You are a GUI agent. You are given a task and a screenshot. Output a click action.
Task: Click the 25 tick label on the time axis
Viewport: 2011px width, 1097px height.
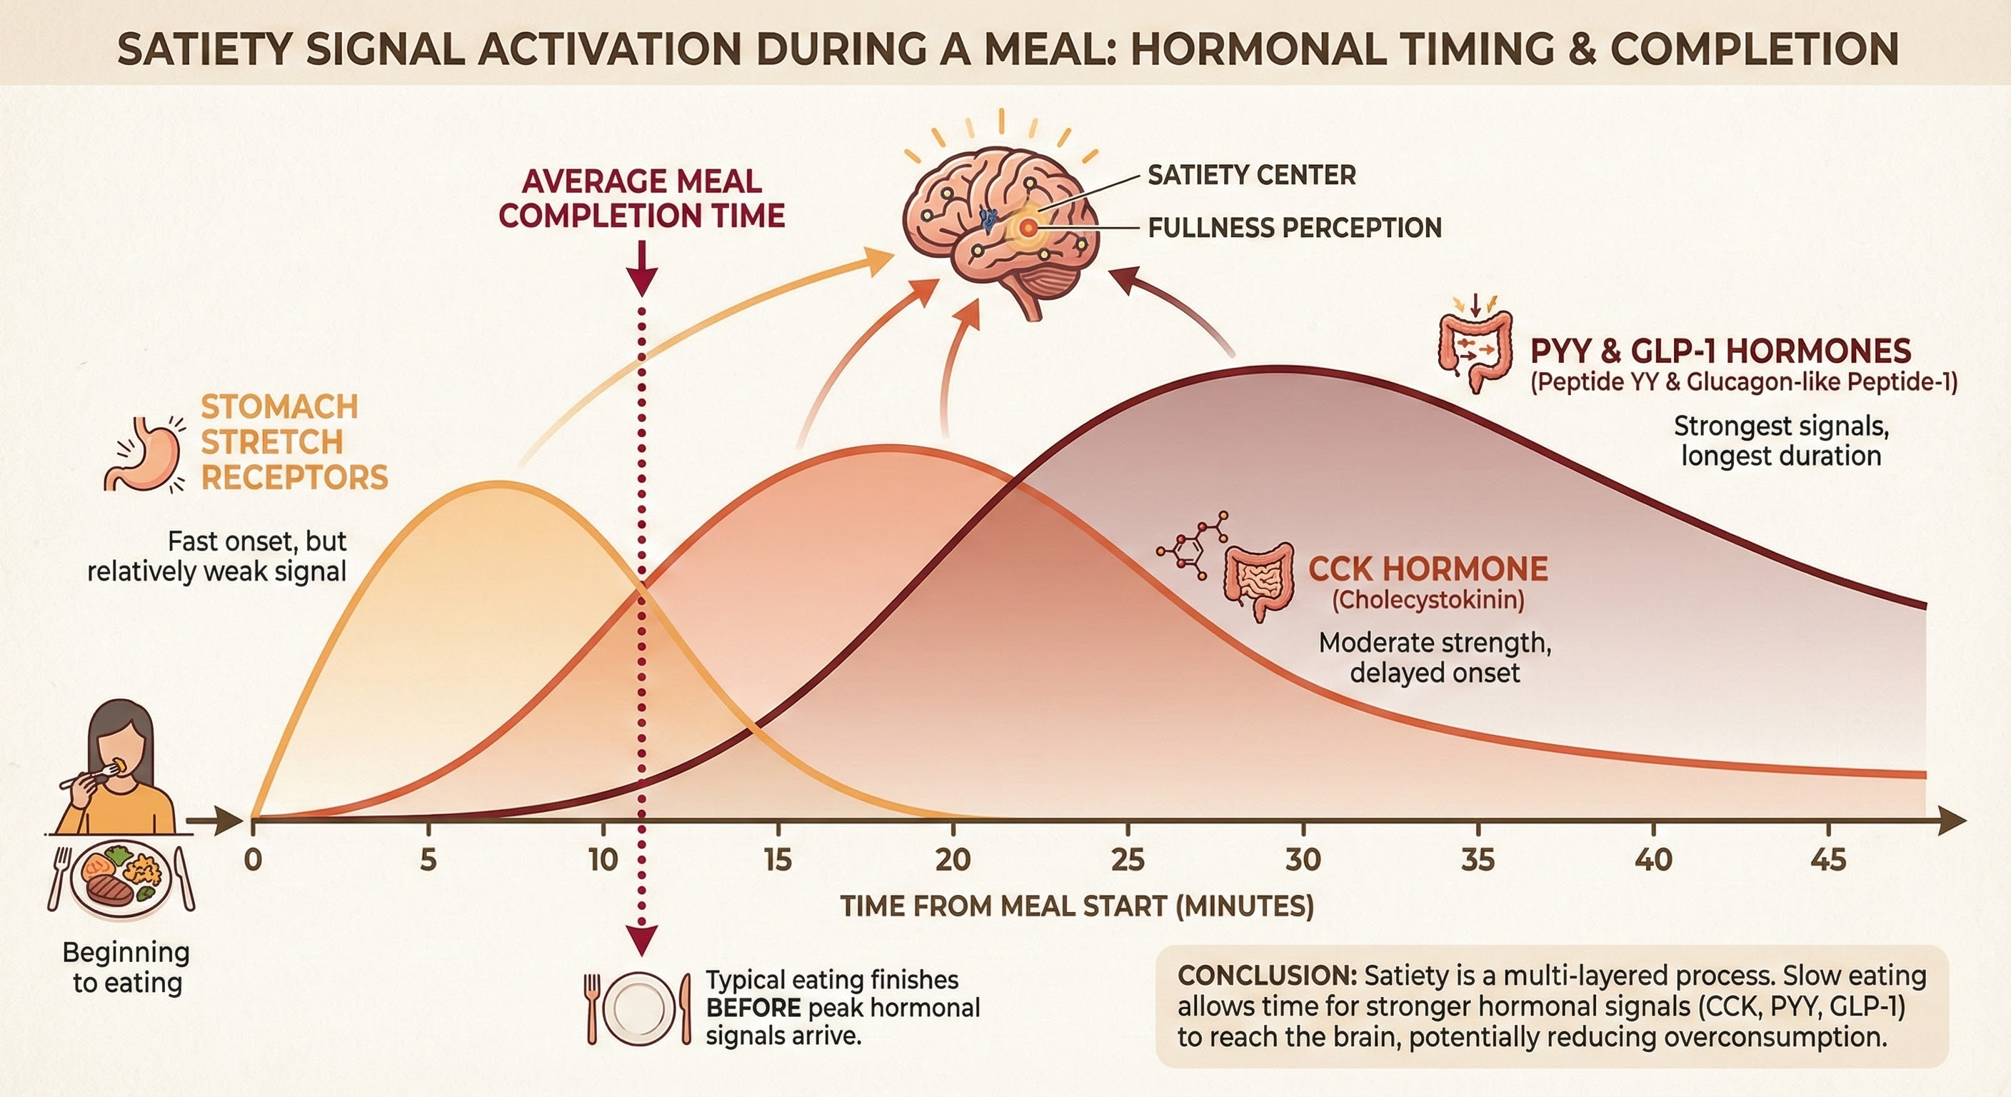(x=1128, y=860)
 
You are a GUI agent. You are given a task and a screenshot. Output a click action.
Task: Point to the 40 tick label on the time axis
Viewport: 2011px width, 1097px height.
(x=1653, y=860)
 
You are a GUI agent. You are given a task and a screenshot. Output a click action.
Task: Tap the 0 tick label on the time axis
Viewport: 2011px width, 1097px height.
(x=253, y=860)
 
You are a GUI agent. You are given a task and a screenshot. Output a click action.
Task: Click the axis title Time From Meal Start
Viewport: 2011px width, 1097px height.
(x=1078, y=906)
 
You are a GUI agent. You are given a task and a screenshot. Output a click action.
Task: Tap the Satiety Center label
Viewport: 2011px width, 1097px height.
(x=1251, y=175)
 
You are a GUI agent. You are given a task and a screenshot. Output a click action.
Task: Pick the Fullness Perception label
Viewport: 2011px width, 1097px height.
(x=1294, y=228)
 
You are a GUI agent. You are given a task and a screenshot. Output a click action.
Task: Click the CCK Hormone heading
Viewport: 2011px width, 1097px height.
(x=1428, y=569)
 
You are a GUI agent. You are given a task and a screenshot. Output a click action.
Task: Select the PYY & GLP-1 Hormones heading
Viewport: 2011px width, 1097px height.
(x=1720, y=351)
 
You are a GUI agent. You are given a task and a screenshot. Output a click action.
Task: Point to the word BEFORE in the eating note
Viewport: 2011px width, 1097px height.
(x=753, y=1008)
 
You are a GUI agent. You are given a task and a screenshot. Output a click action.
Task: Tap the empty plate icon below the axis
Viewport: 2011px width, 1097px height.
(x=638, y=1008)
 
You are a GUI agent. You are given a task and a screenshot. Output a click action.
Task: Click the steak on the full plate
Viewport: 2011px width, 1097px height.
(x=110, y=888)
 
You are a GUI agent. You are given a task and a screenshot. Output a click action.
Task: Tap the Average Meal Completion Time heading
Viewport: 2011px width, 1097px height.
(x=642, y=199)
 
